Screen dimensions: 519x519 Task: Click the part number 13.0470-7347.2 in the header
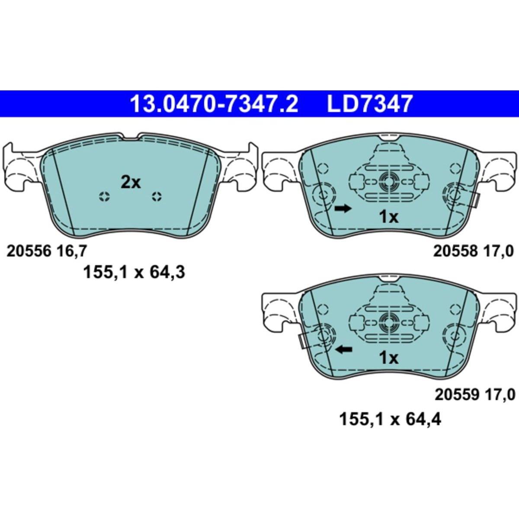214,104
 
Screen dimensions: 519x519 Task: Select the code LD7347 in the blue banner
369,104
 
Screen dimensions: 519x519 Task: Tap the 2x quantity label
131,183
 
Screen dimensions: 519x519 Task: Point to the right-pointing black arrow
343,208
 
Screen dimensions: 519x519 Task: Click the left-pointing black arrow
343,349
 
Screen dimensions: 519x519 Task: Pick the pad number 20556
29,251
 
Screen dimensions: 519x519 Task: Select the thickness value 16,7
71,252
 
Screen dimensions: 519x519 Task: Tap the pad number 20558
455,251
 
